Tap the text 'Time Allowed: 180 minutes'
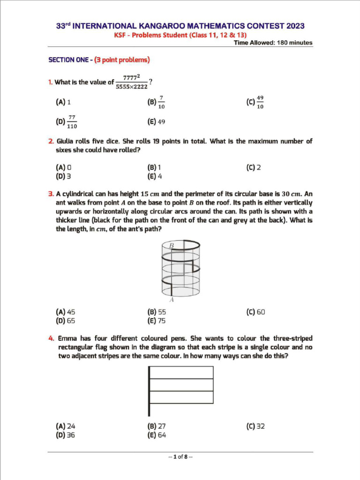tap(273, 43)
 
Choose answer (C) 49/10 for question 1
tap(255, 102)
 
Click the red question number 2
tap(51, 141)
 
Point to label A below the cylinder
tap(172, 300)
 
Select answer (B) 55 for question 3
tap(157, 312)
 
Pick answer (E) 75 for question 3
tap(157, 321)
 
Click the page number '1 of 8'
tap(180, 457)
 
